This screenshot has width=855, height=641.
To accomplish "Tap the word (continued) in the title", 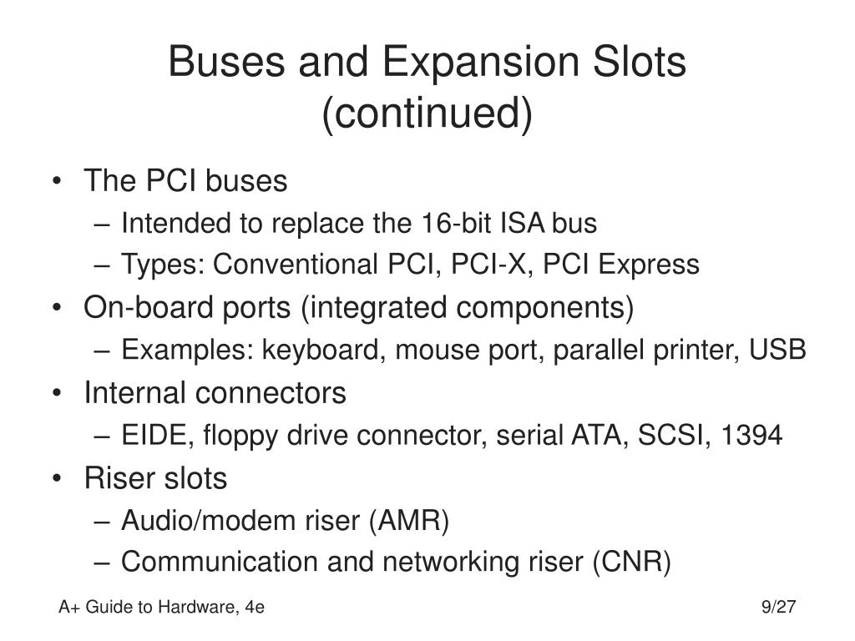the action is [427, 114].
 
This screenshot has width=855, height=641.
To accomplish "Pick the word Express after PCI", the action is [648, 265].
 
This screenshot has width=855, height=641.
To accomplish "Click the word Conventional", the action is [295, 265].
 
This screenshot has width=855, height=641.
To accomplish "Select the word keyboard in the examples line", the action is [321, 350].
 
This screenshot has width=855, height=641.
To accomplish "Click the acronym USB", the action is [777, 350].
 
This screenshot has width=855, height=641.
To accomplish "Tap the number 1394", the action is [751, 435].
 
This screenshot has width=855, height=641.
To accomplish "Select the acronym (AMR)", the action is [409, 521].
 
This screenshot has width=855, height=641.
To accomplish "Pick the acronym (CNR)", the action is [632, 562].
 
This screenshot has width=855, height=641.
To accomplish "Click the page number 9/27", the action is [779, 607].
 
